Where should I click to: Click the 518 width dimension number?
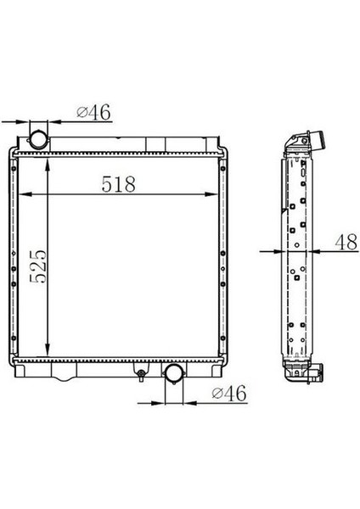[120, 184]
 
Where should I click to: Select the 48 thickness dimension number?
[345, 241]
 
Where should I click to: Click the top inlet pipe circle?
[39, 137]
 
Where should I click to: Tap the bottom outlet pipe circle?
[172, 373]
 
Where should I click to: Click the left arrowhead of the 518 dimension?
[23, 195]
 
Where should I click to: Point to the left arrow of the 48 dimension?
[277, 252]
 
